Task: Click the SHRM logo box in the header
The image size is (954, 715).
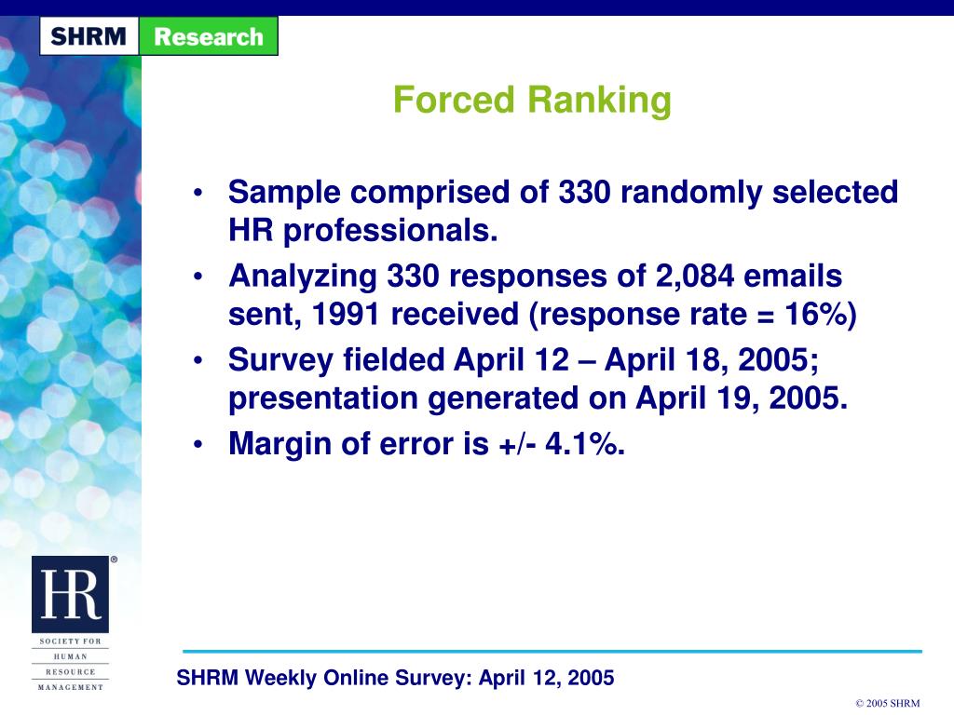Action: click(89, 37)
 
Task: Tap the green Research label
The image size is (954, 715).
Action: click(209, 37)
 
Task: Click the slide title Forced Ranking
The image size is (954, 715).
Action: click(532, 100)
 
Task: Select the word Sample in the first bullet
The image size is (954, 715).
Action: click(286, 193)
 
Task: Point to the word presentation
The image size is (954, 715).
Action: click(324, 398)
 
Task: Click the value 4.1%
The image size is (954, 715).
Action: click(585, 444)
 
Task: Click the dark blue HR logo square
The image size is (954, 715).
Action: click(70, 595)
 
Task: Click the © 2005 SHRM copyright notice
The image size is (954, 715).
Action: click(887, 703)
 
